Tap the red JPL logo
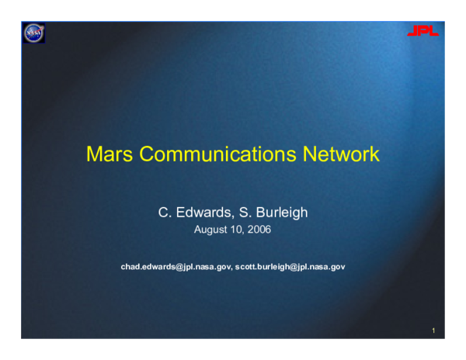[423, 31]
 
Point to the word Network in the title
[340, 154]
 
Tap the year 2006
[259, 230]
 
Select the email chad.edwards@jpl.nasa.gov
[176, 267]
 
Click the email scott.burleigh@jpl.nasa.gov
[290, 267]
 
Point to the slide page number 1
[433, 331]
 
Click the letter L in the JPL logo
[433, 31]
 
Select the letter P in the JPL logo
[423, 31]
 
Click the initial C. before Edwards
[163, 211]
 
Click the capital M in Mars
[94, 154]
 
